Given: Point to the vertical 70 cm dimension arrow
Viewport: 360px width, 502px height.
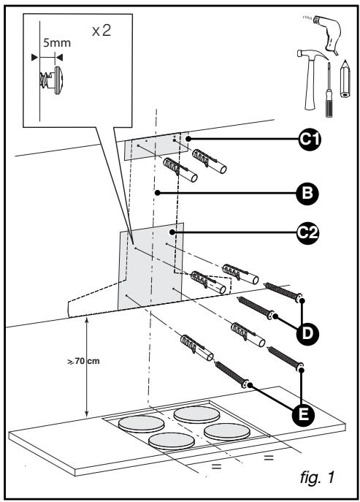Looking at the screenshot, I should click(88, 365).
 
